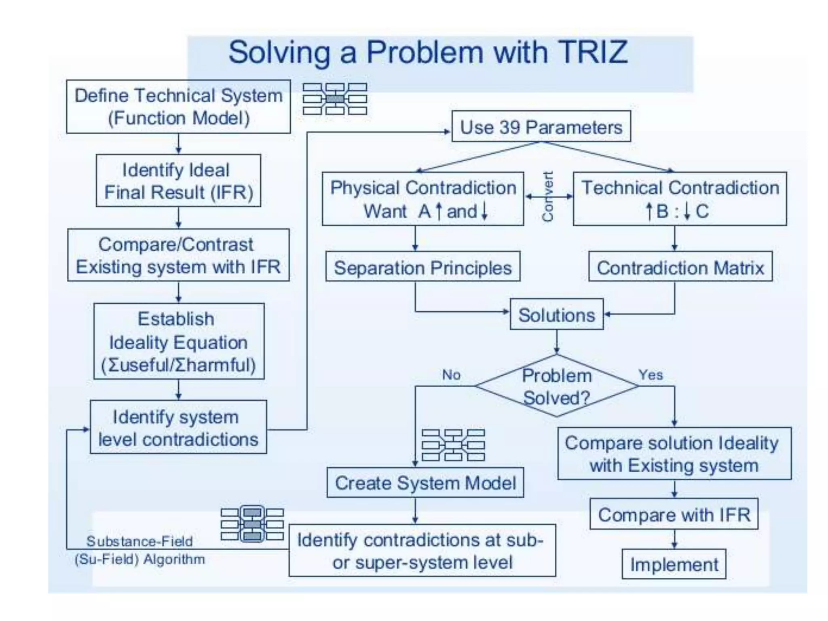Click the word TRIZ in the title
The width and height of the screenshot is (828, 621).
[593, 52]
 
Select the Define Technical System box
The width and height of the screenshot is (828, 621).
[178, 107]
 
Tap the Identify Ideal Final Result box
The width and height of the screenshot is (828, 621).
[178, 181]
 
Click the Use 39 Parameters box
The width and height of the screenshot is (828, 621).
[541, 127]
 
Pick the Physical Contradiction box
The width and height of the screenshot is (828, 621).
[423, 199]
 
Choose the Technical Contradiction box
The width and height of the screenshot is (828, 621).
[680, 199]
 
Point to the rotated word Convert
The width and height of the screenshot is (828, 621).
[548, 196]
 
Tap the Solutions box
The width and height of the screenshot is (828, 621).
[557, 315]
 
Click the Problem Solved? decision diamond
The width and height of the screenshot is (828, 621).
[557, 386]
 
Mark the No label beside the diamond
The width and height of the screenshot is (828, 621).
[451, 375]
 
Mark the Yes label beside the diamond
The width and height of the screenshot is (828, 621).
[651, 375]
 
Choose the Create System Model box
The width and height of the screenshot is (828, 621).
[425, 483]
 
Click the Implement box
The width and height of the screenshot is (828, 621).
[674, 564]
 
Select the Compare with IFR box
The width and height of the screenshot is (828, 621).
[674, 514]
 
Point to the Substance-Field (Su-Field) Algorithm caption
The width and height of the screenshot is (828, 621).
[139, 550]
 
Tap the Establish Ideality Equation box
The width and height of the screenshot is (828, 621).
[179, 342]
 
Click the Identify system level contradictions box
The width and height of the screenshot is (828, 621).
[178, 427]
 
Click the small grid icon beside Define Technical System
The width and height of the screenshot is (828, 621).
[335, 99]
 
